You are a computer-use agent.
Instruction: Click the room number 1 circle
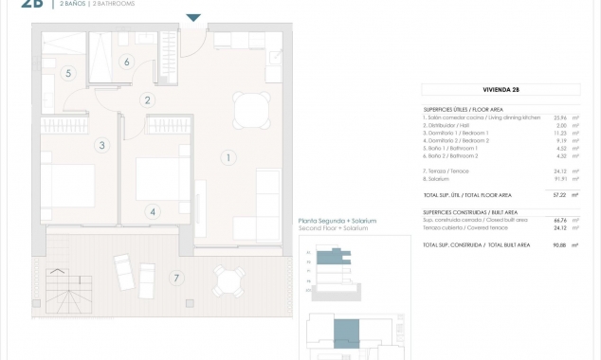[228, 158]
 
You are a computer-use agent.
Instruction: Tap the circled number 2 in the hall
[147, 99]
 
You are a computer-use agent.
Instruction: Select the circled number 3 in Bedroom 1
[101, 145]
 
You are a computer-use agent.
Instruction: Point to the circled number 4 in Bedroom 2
[153, 212]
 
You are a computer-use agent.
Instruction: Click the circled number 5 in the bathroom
[68, 73]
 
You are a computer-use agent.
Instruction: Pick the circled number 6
[126, 63]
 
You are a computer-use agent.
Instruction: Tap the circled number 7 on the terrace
[175, 278]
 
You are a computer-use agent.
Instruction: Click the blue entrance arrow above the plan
[193, 18]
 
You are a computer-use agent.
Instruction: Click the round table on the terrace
[228, 279]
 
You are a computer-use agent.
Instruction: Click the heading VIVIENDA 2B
[501, 90]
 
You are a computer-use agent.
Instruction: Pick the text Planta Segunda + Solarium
[337, 221]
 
